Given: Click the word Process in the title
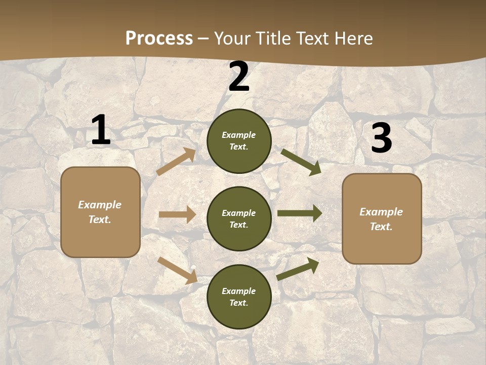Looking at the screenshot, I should click(159, 39).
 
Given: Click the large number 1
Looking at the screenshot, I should click(101, 131).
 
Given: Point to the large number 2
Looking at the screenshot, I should click(239, 77).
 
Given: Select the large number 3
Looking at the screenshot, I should click(381, 138).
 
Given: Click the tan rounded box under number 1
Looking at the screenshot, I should click(100, 212).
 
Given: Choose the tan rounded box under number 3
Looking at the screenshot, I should click(382, 219).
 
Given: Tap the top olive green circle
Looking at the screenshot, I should click(239, 141).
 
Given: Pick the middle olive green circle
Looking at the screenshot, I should click(239, 218).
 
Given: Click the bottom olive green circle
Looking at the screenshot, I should click(239, 297).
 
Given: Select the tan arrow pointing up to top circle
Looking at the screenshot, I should click(176, 162).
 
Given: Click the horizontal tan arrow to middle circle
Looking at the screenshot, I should click(177, 214).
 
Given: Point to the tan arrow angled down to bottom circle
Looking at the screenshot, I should click(177, 270).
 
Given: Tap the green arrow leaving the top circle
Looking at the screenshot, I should click(301, 162).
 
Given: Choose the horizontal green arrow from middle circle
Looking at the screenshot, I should click(300, 213).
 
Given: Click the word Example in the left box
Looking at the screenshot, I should click(100, 205).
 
